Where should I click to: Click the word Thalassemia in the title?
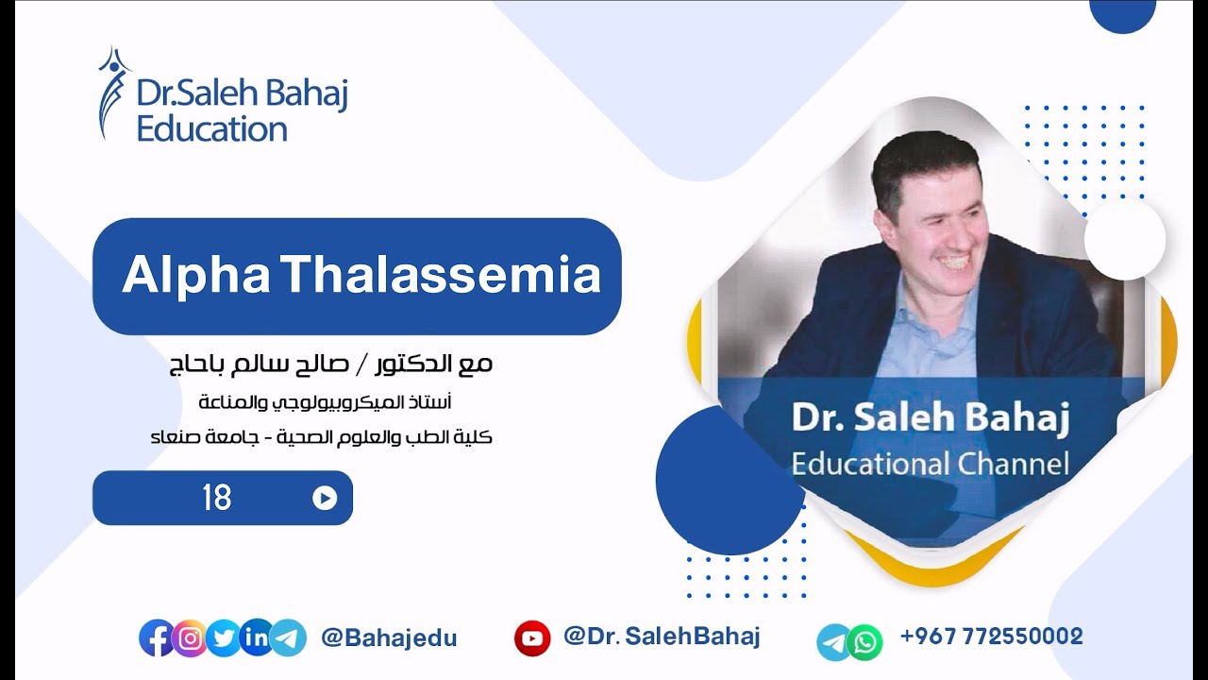(442, 276)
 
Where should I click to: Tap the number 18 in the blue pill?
(216, 498)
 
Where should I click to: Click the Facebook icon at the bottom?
(157, 638)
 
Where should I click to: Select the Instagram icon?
(191, 638)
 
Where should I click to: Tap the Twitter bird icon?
(223, 638)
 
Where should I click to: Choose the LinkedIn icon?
(256, 638)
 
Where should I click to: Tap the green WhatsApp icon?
(864, 642)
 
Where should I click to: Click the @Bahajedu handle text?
(389, 638)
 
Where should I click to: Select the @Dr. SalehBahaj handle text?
(661, 637)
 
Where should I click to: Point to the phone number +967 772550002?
(991, 637)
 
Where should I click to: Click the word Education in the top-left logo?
(211, 128)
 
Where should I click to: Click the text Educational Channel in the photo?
(930, 464)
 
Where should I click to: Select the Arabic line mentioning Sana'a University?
(321, 438)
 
